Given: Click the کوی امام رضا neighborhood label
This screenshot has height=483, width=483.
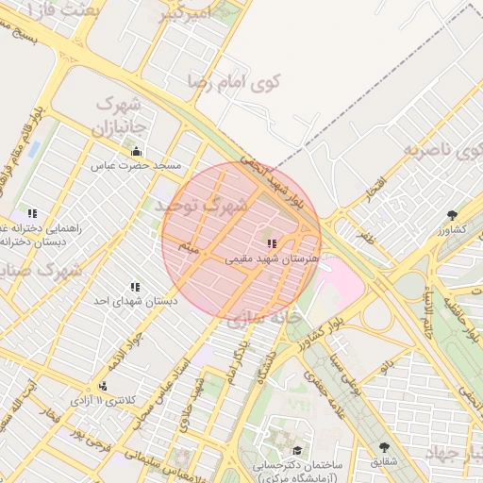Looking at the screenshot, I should click(235, 82).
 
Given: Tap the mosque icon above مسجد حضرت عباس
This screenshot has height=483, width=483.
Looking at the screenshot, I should click(136, 152).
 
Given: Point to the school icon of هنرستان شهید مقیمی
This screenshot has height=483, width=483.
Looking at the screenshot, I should click(272, 243).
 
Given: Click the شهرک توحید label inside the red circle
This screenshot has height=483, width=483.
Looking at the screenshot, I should click(203, 205).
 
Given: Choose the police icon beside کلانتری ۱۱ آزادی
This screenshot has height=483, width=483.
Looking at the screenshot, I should click(102, 386).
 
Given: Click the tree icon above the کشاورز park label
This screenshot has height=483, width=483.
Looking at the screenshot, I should click(452, 215).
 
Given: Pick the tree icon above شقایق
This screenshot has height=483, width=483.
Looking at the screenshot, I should click(384, 447).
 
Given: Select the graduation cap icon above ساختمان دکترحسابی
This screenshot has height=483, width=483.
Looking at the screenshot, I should click(298, 451).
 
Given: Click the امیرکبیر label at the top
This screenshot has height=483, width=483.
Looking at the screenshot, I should click(178, 15).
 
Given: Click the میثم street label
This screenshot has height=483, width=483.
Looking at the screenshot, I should click(191, 249).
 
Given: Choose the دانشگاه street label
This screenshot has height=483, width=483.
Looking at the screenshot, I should click(266, 369).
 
